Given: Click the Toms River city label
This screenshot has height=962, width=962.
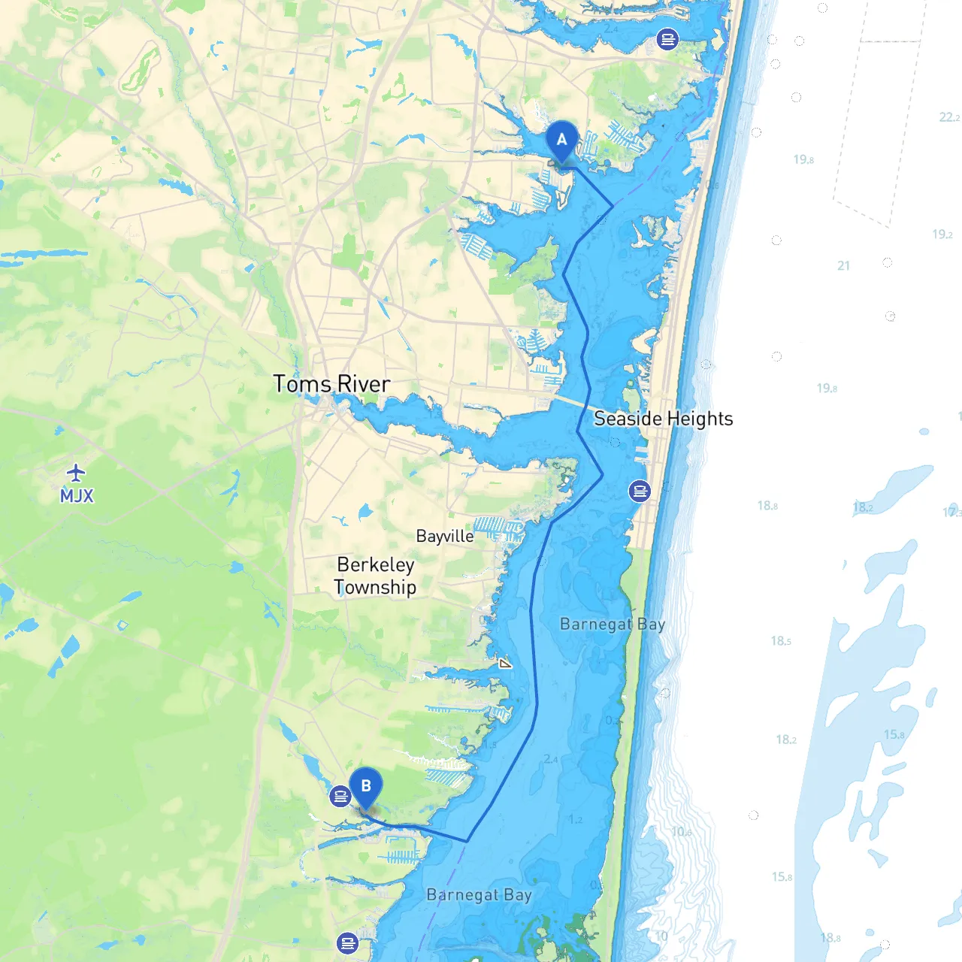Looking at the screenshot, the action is point(331,384).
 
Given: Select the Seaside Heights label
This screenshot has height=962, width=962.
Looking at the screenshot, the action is point(663,419).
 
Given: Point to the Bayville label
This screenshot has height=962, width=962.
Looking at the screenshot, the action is point(445,536).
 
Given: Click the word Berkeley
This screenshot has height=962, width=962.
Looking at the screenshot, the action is point(376,564).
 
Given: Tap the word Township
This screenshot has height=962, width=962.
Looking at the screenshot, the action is point(375,587).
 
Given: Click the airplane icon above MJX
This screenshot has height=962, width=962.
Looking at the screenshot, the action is point(76,473).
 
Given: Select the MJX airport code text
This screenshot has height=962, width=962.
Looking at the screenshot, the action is point(77,496).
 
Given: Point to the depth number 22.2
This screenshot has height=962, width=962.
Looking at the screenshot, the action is point(949,117).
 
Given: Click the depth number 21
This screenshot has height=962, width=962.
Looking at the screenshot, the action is point(843,265).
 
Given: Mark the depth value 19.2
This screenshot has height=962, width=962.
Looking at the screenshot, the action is point(942,234).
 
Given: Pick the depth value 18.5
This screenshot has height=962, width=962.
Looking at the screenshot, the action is point(780,641).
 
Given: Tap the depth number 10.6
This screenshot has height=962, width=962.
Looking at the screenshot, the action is point(682,831).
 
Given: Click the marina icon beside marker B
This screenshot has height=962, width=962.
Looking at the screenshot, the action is point(340,795).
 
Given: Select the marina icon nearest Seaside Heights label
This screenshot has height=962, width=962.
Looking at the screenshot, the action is point(640,491).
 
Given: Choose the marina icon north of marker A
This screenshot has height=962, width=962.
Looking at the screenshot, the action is point(667,38).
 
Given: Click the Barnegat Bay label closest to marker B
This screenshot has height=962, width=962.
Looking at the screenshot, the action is point(479,895).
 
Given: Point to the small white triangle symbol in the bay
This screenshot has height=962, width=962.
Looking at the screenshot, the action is point(505,663).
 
